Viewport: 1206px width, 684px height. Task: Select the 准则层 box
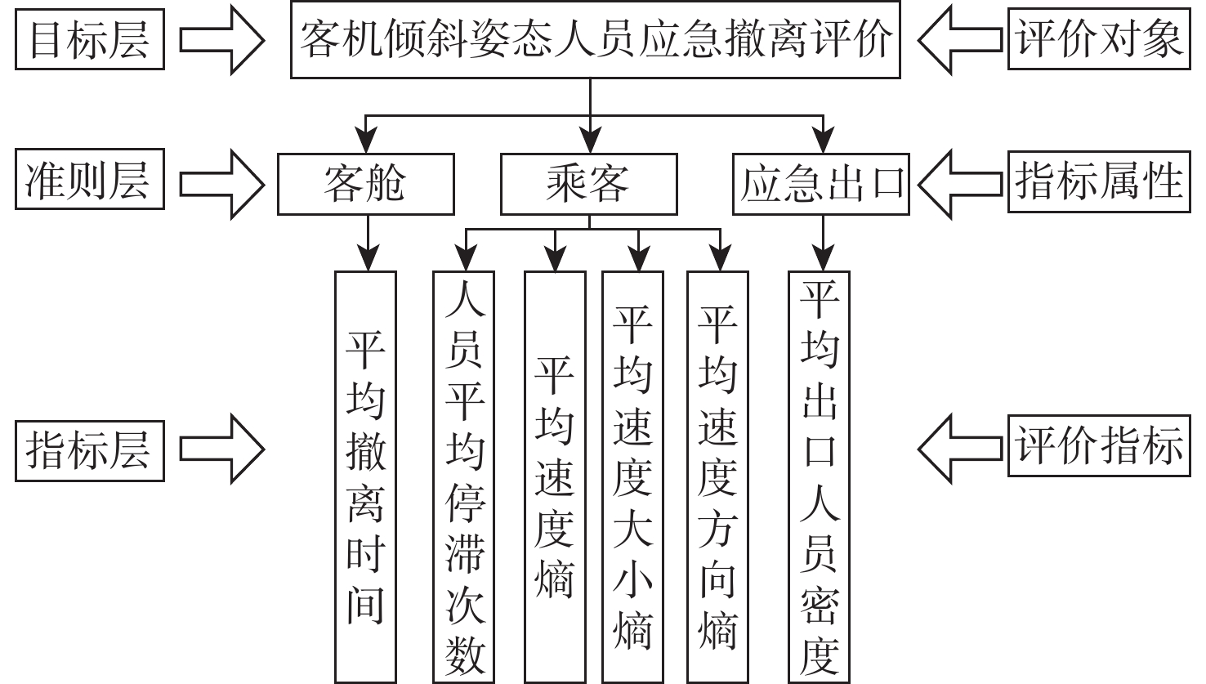click(89, 181)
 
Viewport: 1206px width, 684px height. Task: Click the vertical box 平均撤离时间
click(365, 476)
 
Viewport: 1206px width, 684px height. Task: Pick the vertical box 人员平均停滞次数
click(464, 476)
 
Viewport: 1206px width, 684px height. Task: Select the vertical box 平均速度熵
click(555, 476)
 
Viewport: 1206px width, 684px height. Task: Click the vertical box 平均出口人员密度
click(819, 476)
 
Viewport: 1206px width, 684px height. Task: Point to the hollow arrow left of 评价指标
click(960, 449)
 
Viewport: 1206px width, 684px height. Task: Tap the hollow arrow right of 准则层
click(221, 181)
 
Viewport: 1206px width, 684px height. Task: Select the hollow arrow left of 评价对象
click(960, 40)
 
